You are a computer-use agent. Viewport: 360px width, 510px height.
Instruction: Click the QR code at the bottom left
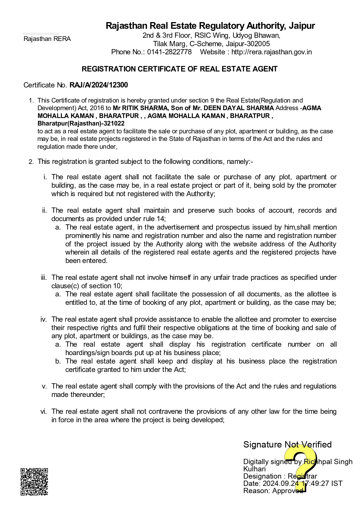pyautogui.click(x=34, y=482)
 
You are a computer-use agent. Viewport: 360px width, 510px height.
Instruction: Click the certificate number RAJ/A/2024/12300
pyautogui.click(x=98, y=85)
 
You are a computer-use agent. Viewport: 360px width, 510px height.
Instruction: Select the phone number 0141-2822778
pyautogui.click(x=169, y=52)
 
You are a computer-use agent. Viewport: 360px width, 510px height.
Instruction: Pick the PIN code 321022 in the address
pyautogui.click(x=115, y=124)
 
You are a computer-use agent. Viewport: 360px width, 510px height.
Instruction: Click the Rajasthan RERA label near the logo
pyautogui.click(x=47, y=39)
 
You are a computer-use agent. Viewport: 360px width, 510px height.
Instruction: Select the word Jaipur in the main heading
pyautogui.click(x=302, y=26)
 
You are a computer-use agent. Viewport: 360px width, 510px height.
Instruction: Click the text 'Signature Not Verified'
pyautogui.click(x=287, y=444)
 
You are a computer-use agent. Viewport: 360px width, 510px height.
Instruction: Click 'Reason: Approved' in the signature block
pyautogui.click(x=273, y=491)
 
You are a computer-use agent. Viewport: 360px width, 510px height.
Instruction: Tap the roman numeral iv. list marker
pyautogui.click(x=44, y=319)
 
